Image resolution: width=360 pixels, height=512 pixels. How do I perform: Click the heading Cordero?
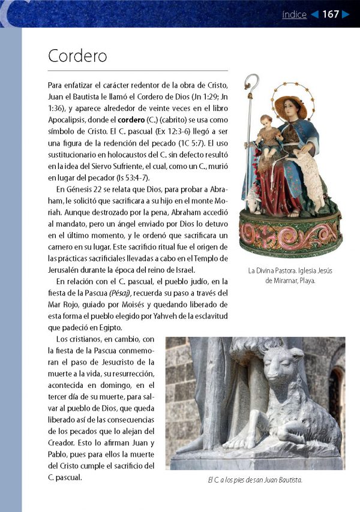pyautogui.click(x=77, y=56)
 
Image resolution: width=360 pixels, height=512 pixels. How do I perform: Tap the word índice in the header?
pyautogui.click(x=294, y=14)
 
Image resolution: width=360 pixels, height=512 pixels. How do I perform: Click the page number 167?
pyautogui.click(x=331, y=14)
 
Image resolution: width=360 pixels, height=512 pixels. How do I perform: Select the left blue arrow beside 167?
pyautogui.click(x=314, y=14)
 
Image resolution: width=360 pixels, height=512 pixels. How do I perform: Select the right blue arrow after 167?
pyautogui.click(x=346, y=14)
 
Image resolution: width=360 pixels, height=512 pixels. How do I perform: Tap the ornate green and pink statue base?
pyautogui.click(x=290, y=234)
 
